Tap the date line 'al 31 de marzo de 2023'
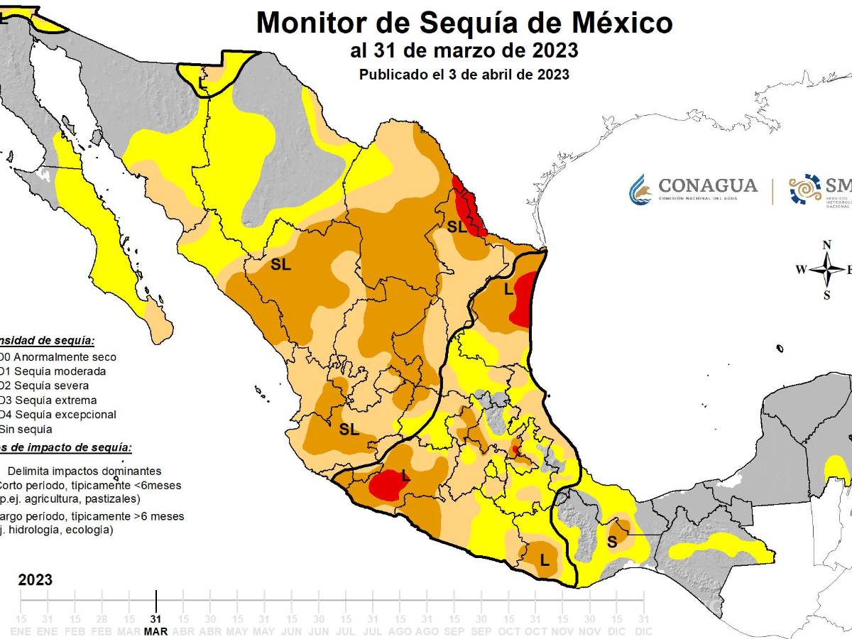click(x=464, y=51)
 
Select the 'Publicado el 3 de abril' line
click(x=464, y=74)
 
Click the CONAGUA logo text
click(x=708, y=186)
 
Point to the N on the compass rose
click(x=826, y=245)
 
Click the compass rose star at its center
click(x=826, y=270)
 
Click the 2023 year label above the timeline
click(x=35, y=580)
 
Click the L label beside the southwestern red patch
click(x=405, y=476)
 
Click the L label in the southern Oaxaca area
click(x=545, y=541)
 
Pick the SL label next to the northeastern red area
click(x=457, y=227)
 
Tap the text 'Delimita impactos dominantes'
click(x=84, y=471)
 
